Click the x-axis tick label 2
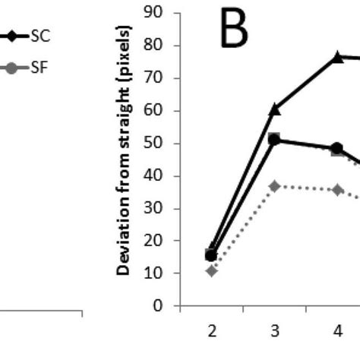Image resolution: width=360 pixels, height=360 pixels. coord(212,330)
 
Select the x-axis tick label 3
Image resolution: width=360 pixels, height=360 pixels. coord(274,330)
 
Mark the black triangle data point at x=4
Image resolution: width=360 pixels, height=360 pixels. coord(336,57)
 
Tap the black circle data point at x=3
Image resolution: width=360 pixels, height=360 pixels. coord(274,140)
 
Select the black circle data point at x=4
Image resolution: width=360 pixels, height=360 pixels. coord(336,148)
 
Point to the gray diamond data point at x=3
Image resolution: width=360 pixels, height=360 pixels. coord(274,186)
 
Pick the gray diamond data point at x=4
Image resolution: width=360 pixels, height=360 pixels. coord(336,190)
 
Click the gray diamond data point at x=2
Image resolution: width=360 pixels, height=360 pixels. coord(212,270)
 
